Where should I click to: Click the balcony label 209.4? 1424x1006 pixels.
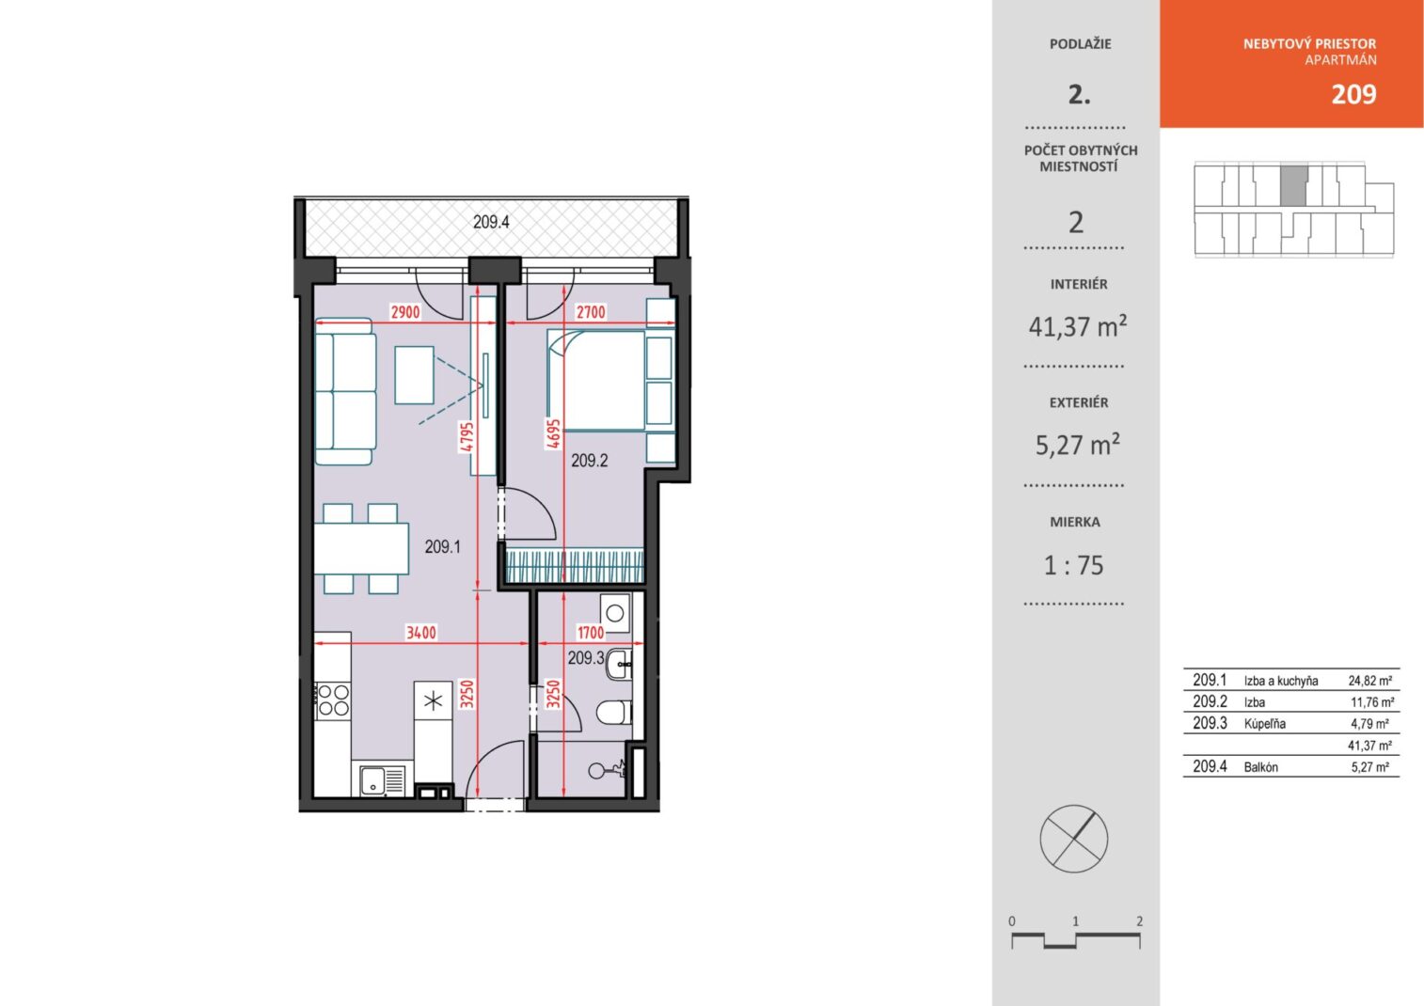coord(491,222)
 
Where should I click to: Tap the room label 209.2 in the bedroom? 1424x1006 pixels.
coord(590,460)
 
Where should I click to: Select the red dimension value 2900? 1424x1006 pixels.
coord(405,312)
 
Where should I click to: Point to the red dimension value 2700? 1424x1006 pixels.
coord(591,312)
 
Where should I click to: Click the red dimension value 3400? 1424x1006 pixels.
coord(420,633)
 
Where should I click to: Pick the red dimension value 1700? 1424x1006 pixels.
coord(591,633)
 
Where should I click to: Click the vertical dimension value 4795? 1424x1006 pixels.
coord(467,437)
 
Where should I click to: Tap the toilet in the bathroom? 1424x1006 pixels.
coord(614,713)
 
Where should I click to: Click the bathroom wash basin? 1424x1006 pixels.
coord(619,665)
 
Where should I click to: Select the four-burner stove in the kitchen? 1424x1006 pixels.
coord(332,700)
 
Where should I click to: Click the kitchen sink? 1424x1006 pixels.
coord(383,780)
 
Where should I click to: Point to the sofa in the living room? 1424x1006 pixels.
coord(345,391)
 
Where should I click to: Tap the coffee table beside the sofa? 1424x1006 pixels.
coord(414,375)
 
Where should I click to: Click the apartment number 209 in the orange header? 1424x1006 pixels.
coord(1353,94)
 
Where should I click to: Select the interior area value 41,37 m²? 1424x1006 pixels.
coord(1078,326)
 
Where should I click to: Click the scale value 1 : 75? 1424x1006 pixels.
coord(1074,565)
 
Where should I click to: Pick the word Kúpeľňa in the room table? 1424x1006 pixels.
coord(1264,724)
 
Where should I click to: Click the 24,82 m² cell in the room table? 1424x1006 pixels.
coord(1370,681)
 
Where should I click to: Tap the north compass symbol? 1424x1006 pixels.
coord(1074,839)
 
